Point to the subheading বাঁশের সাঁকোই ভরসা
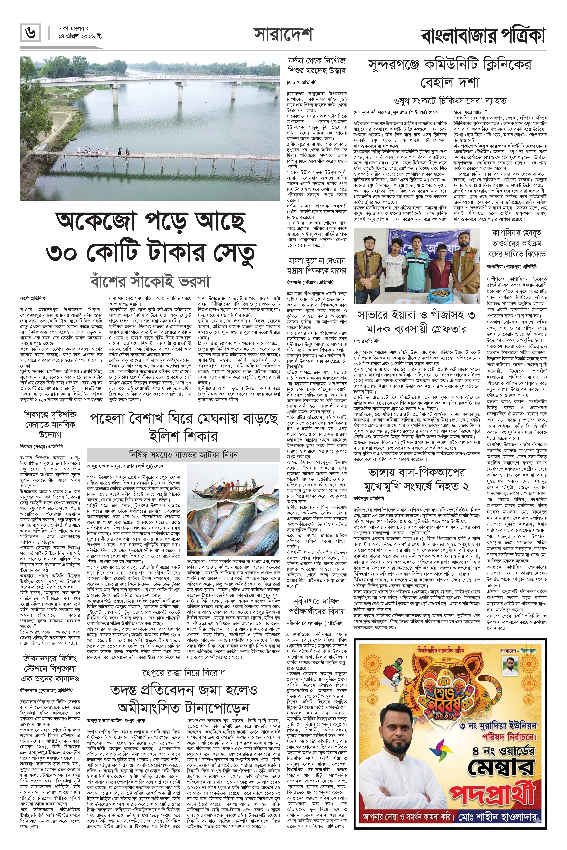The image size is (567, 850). pos(150,282)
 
